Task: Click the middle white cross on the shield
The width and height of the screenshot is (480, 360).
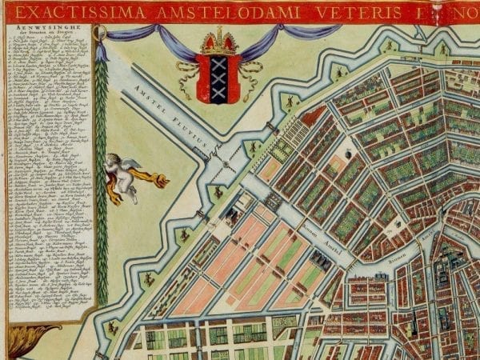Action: pyautogui.click(x=218, y=78)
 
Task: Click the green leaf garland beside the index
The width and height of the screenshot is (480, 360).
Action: pyautogui.click(x=102, y=184)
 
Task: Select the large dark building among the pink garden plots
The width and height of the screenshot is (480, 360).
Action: pyautogui.click(x=320, y=260)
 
